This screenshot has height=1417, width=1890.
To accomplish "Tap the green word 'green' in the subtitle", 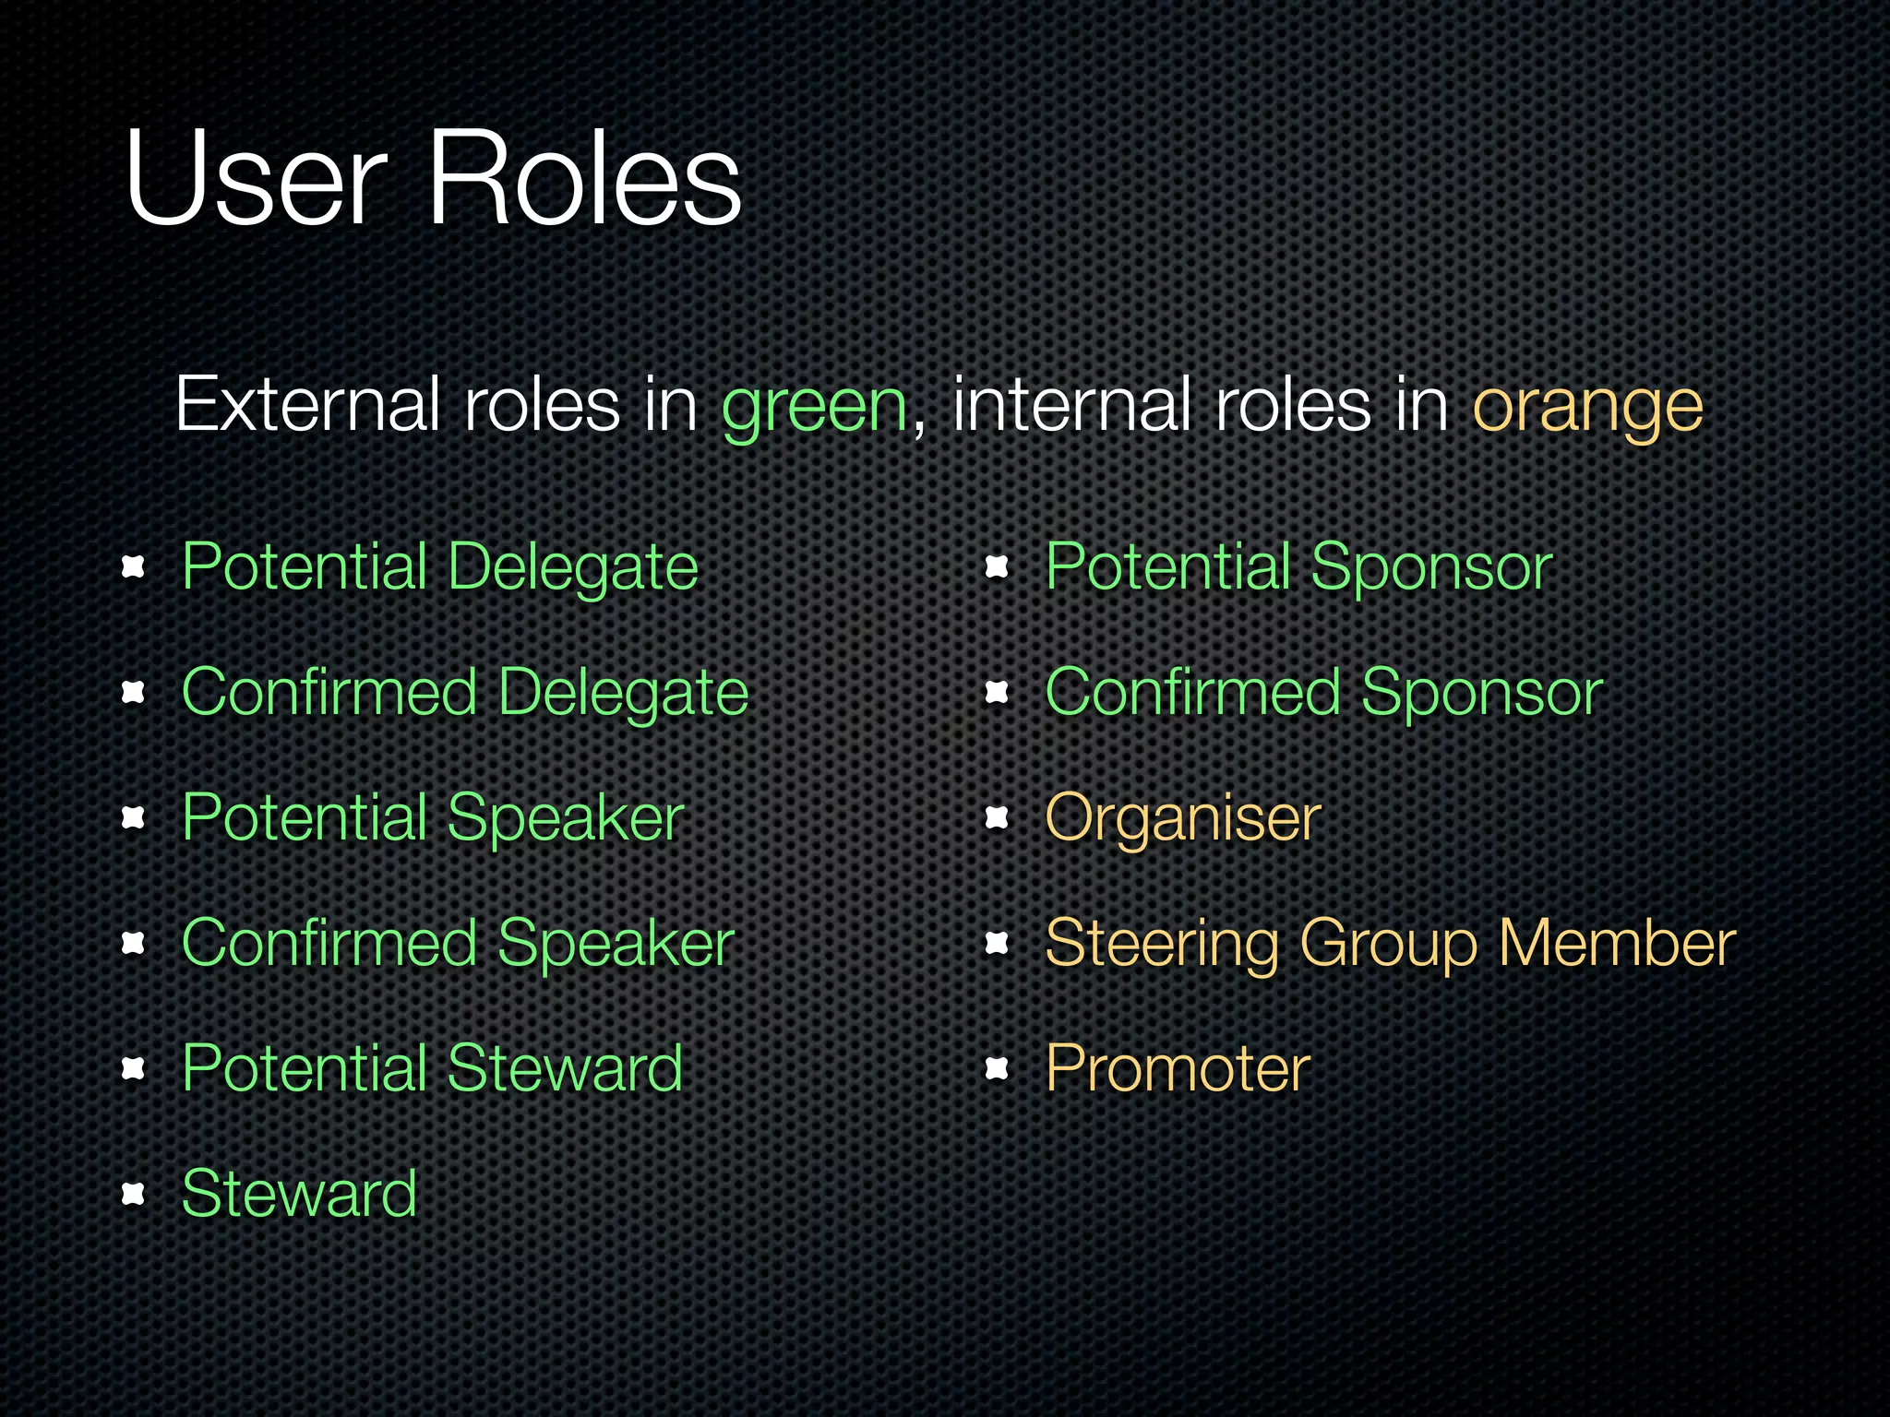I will [x=815, y=406].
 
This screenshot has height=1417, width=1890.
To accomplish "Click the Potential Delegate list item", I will [x=440, y=566].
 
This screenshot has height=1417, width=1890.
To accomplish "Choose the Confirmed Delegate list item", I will [x=465, y=692].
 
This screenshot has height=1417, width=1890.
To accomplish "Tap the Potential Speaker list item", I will [x=433, y=817].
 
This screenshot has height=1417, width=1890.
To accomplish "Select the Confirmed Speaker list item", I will [x=458, y=943].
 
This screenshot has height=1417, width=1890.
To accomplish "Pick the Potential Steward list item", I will [x=432, y=1068].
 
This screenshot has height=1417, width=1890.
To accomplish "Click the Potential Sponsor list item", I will [x=1298, y=566].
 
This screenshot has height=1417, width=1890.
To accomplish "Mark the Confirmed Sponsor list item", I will [x=1323, y=692].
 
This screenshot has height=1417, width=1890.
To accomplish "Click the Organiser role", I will [x=1183, y=817].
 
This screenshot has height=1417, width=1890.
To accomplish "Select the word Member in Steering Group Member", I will [x=1617, y=943].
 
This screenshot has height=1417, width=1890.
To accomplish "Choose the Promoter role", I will [x=1178, y=1068].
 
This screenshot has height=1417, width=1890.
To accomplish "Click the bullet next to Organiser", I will [x=997, y=817].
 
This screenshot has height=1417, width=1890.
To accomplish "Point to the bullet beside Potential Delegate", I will [x=134, y=566].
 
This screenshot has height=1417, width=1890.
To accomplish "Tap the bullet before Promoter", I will [x=997, y=1068].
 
